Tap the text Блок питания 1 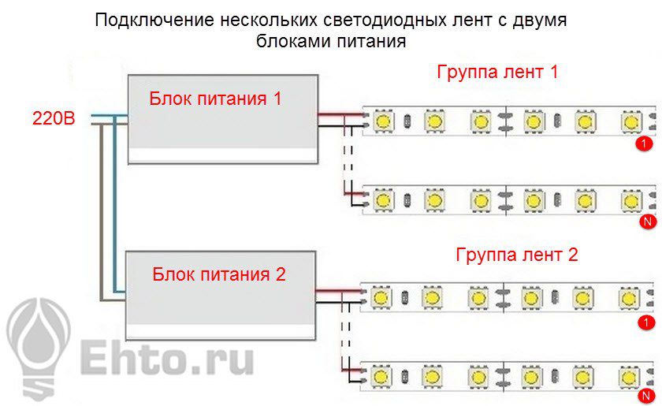click(216, 99)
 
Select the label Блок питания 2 click(219, 274)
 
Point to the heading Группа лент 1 click(497, 73)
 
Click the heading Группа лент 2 click(517, 255)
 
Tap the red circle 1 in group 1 click(645, 144)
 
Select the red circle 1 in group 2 click(647, 322)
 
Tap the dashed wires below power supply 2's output click(345, 332)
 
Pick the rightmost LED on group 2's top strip click(629, 298)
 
